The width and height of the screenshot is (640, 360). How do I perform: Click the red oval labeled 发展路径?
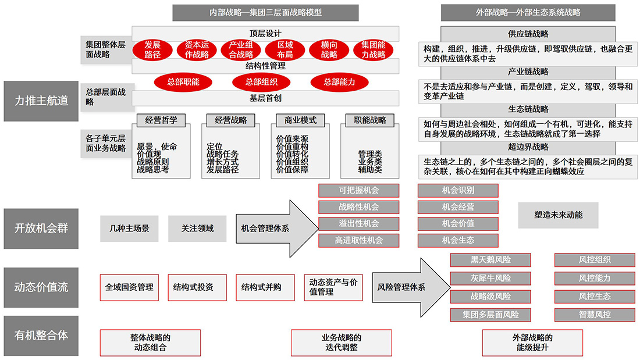tap(152, 50)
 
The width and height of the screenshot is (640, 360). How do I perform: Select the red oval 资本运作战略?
tap(197, 50)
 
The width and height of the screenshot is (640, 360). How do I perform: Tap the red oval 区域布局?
tap(285, 50)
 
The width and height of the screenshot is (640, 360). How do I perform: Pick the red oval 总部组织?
tap(261, 82)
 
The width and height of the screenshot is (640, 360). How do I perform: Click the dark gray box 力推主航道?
tap(41, 101)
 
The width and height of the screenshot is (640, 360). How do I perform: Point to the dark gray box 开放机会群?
tap(41, 228)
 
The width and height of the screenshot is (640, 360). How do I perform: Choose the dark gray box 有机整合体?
tap(41, 336)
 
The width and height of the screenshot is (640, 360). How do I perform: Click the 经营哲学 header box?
tap(161, 120)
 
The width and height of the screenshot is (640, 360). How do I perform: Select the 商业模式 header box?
tap(300, 120)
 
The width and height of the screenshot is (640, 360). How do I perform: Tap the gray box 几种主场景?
tap(129, 229)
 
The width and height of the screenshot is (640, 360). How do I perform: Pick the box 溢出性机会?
tap(358, 223)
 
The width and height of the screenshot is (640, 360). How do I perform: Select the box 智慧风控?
tap(595, 315)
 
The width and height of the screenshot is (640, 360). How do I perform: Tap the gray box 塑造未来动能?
tap(558, 215)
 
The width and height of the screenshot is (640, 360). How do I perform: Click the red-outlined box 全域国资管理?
tap(129, 287)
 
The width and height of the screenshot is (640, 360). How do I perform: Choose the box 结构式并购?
tap(261, 287)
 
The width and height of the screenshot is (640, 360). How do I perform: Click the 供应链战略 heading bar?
tap(528, 34)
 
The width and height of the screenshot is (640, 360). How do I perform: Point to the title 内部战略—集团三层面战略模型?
tap(265, 12)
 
